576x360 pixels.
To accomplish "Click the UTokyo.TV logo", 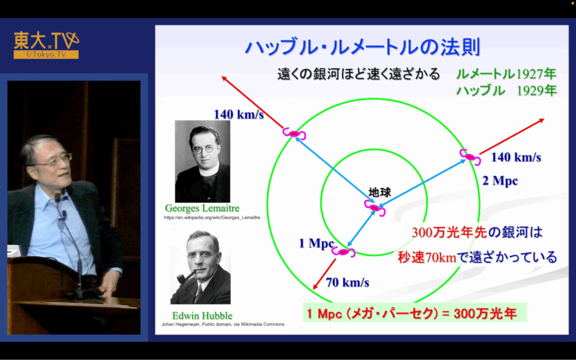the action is (46, 45).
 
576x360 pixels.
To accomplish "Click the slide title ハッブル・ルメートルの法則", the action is (363, 47).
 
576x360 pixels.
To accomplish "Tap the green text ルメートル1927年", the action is (506, 74).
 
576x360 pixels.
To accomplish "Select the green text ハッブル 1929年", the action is (506, 91).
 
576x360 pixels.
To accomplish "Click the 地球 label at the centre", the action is (380, 192).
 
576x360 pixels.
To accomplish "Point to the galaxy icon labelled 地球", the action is (375, 208).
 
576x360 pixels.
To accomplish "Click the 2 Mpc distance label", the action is (500, 181).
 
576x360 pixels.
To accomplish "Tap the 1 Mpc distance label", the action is (316, 243).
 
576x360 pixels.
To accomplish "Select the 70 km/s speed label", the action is (348, 282).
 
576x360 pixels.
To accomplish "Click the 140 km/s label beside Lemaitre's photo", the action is (238, 114).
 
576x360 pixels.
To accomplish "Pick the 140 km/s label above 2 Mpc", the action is (516, 157).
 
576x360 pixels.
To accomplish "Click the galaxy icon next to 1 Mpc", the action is (344, 251).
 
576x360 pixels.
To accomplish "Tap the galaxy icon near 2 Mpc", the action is (470, 157).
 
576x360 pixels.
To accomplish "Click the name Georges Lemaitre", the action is (202, 208).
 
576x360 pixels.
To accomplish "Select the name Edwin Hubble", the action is (202, 316).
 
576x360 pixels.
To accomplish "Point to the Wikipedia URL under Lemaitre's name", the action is (212, 218).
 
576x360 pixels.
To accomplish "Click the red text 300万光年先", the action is (449, 232).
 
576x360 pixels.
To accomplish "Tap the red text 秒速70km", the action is (427, 257).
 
